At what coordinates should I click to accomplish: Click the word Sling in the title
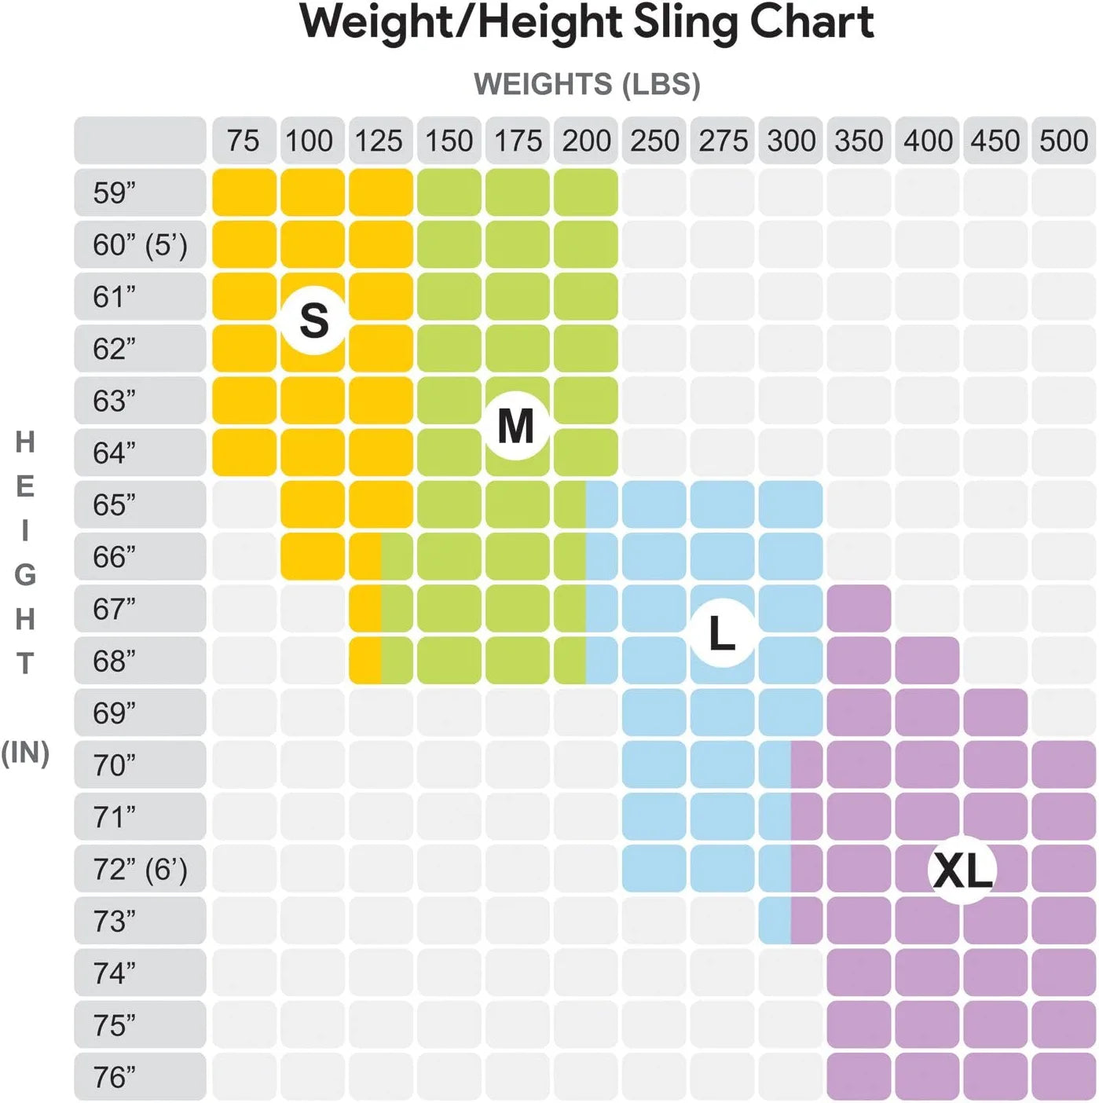[x=685, y=24]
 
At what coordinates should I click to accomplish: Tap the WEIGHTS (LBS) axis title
[x=587, y=84]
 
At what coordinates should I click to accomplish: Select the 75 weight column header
[x=244, y=141]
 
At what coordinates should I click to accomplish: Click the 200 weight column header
[x=586, y=141]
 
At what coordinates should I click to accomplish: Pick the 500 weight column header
[x=1064, y=141]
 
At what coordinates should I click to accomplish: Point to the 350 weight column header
[x=859, y=141]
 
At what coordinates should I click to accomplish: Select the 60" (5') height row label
[x=140, y=244]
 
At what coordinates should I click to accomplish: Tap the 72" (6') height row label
[x=140, y=869]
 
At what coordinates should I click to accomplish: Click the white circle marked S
[x=314, y=321]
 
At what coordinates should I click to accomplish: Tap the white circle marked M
[x=516, y=426]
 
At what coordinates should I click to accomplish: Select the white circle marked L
[x=722, y=633]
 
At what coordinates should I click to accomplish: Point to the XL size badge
[x=963, y=870]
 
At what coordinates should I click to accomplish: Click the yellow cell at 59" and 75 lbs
[x=244, y=192]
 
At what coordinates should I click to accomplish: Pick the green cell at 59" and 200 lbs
[x=586, y=192]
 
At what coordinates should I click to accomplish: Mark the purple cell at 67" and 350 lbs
[x=859, y=609]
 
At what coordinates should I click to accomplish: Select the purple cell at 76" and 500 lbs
[x=1064, y=1077]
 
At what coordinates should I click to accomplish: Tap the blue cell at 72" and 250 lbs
[x=654, y=869]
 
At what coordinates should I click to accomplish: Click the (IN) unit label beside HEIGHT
[x=25, y=753]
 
